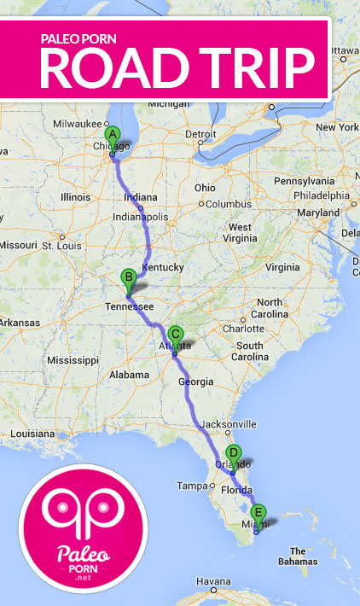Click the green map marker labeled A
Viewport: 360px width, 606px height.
(111, 135)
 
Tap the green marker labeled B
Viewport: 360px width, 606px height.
(128, 277)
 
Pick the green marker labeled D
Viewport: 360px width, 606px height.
(232, 454)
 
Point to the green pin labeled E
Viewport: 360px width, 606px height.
(259, 514)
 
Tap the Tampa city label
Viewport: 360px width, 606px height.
(190, 486)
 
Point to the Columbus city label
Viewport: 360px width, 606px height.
(225, 203)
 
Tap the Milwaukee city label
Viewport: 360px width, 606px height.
(77, 123)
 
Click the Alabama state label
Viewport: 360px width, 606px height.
(130, 375)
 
